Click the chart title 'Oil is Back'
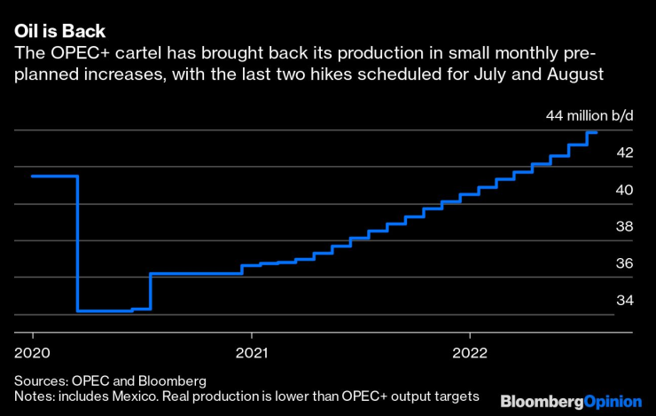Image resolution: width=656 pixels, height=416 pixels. [59, 31]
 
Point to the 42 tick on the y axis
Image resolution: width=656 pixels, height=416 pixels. [625, 153]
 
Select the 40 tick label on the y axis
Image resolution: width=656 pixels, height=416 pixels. [625, 190]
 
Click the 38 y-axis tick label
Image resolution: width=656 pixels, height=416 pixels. [625, 226]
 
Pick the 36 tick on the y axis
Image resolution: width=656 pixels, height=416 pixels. [625, 263]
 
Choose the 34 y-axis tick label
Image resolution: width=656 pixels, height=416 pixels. [625, 300]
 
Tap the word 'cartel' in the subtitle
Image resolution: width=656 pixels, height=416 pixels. [142, 53]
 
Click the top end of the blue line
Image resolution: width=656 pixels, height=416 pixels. [596, 132]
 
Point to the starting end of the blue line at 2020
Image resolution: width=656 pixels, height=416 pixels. [33, 176]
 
